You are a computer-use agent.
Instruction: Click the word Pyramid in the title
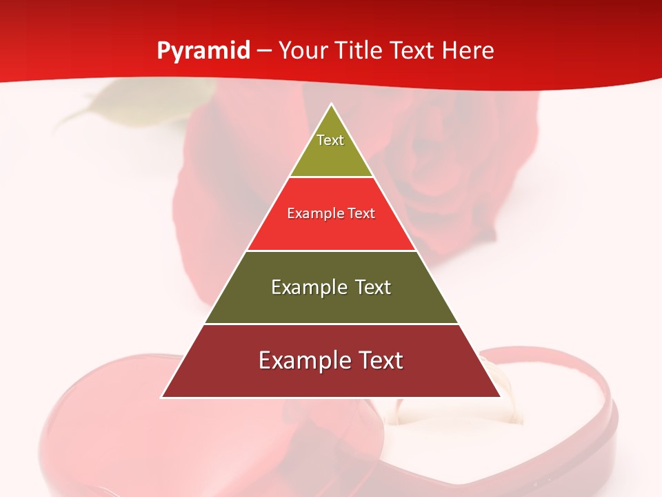coord(203,51)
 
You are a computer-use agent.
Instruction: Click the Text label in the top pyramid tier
coord(330,140)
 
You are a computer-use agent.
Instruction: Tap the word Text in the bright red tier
coord(362,213)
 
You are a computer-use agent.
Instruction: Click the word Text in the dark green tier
coord(373,287)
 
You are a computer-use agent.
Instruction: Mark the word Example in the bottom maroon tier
coord(301,360)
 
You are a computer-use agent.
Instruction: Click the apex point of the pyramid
coord(331,104)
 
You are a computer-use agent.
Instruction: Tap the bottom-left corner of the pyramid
coord(162,397)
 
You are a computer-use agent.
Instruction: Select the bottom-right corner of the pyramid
coord(500,397)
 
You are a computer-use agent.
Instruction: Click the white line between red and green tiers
coord(331,251)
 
